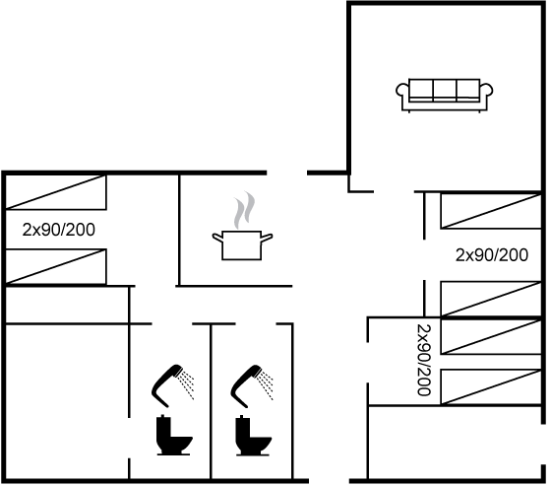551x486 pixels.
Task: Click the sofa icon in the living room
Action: click(x=444, y=96)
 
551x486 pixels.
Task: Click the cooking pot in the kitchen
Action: click(x=242, y=244)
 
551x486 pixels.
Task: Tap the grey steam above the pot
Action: click(x=245, y=210)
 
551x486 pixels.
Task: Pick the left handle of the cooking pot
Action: click(x=217, y=237)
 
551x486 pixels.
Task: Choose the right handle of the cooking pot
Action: click(x=267, y=238)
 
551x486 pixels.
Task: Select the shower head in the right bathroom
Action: click(x=245, y=384)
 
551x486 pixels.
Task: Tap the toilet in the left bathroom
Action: click(x=174, y=435)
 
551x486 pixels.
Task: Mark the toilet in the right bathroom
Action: click(x=253, y=435)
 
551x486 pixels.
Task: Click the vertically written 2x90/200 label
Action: click(x=423, y=360)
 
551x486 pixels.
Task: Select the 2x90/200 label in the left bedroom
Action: click(x=59, y=230)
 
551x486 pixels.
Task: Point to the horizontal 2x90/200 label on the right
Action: click(x=492, y=255)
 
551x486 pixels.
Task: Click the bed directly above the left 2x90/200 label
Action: click(x=56, y=192)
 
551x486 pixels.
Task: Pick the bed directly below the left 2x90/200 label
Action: click(x=56, y=266)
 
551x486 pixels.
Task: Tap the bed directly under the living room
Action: click(x=491, y=211)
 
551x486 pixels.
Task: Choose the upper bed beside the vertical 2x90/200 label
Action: click(x=491, y=336)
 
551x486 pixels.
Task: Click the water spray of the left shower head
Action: click(x=186, y=384)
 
